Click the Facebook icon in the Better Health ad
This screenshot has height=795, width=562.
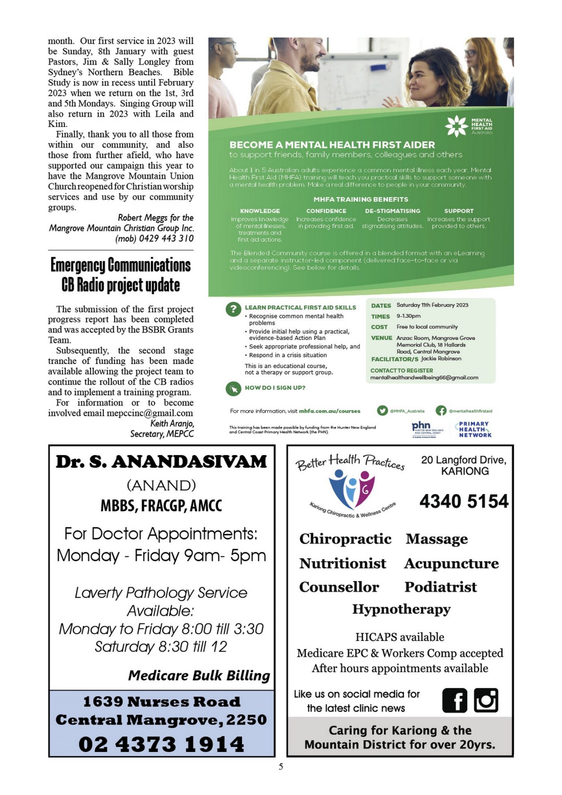click(454, 701)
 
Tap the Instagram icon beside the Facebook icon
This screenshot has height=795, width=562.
click(486, 700)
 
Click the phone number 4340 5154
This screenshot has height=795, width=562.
click(464, 501)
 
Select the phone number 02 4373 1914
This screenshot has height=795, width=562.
click(161, 744)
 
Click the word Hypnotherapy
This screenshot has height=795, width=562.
click(401, 609)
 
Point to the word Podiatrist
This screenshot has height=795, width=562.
click(440, 587)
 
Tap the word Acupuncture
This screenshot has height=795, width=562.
click(451, 564)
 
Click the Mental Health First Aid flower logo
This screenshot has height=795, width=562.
click(456, 126)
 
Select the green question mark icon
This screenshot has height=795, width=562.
click(233, 309)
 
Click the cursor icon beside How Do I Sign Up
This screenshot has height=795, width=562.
click(233, 388)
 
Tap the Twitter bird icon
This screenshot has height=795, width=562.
click(382, 410)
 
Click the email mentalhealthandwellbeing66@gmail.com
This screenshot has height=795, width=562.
click(424, 378)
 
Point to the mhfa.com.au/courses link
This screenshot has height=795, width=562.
click(329, 411)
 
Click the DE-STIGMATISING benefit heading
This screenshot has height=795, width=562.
click(392, 211)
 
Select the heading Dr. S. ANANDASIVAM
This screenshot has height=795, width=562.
click(161, 462)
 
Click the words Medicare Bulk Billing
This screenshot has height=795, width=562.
click(199, 675)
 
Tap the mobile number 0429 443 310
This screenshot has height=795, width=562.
click(166, 238)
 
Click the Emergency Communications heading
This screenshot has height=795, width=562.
click(120, 265)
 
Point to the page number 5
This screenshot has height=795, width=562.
click(281, 766)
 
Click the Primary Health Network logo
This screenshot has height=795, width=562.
click(474, 429)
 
